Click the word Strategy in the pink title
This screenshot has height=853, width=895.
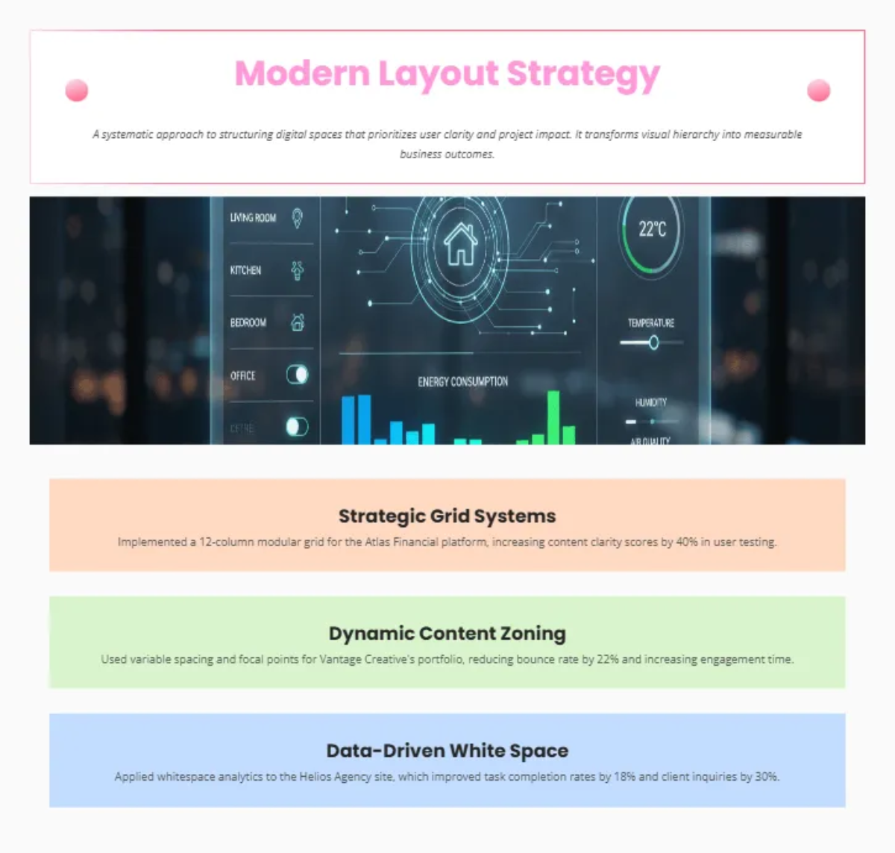[x=582, y=74]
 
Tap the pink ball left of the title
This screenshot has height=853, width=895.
[x=77, y=90]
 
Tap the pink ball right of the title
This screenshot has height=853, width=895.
[x=818, y=90]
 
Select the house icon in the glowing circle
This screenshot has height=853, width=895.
[x=460, y=244]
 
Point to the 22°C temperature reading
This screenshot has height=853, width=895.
[x=652, y=229]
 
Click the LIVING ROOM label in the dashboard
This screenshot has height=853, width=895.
[x=253, y=218]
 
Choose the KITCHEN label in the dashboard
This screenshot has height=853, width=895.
[x=245, y=270]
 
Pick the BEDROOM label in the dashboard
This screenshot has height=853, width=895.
[x=248, y=322]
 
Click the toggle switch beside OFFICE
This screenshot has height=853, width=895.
[x=297, y=375]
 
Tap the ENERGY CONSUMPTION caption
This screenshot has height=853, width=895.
[x=462, y=381]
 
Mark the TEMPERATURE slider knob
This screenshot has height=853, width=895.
[x=653, y=343]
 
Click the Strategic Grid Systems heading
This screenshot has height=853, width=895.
[x=447, y=516]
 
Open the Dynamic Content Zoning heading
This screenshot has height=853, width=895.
[x=447, y=633]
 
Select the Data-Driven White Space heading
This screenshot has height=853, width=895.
[x=447, y=750]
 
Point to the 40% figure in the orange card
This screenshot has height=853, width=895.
[x=687, y=542]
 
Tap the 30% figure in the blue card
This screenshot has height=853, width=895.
[x=767, y=776]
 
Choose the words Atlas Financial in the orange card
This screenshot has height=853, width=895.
[x=401, y=542]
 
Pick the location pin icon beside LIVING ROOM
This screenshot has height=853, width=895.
[x=297, y=218]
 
